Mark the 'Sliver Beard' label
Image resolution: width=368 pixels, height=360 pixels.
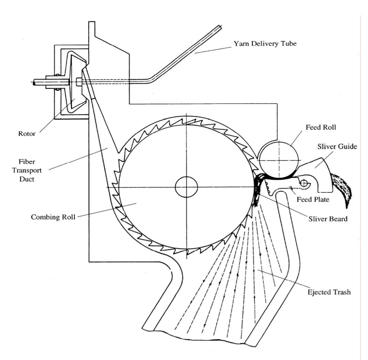pos(328,219)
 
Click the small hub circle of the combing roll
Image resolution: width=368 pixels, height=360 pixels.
pos(186,187)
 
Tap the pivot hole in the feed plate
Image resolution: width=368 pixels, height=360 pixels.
pos(304,184)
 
